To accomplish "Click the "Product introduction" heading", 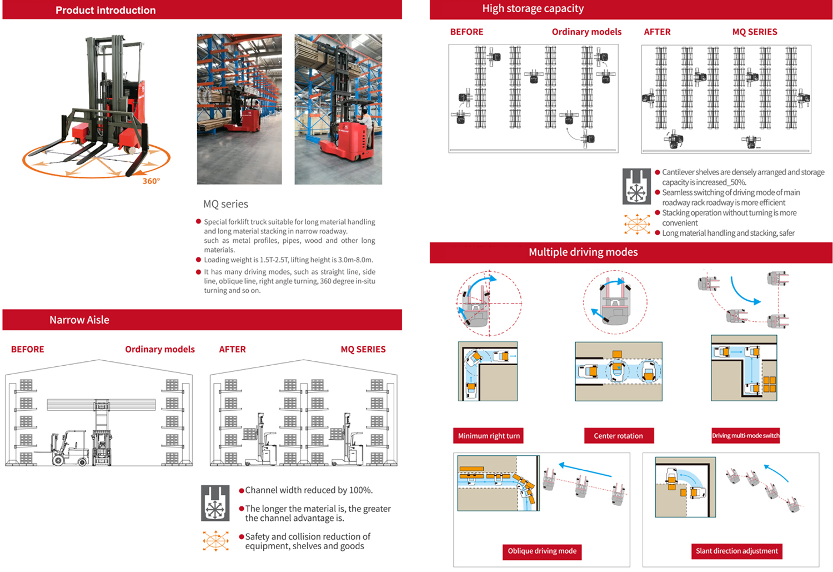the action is [x=106, y=10].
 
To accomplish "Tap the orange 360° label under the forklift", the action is [x=151, y=181].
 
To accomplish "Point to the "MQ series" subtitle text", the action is [x=225, y=204].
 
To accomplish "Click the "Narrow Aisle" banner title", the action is [x=79, y=320].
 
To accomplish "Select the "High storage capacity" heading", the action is [x=533, y=8].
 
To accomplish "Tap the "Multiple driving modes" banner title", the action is [x=583, y=252].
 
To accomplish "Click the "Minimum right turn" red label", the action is [x=489, y=436].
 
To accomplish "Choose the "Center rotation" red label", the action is [x=619, y=436].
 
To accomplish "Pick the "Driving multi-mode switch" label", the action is [x=746, y=435].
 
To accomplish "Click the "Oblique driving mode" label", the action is [x=542, y=551].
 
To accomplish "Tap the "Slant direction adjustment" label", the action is [x=737, y=551].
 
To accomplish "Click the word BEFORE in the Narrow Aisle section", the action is [x=28, y=349].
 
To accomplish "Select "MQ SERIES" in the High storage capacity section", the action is [x=755, y=32].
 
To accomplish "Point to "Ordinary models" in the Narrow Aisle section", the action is [x=160, y=349].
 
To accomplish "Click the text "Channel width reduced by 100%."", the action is [x=309, y=490].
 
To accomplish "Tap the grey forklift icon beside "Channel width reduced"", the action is [x=215, y=503].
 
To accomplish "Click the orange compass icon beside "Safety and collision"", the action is [x=215, y=540].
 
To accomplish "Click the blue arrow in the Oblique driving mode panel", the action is [x=585, y=470].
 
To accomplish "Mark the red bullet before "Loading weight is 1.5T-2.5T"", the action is [x=199, y=260].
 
